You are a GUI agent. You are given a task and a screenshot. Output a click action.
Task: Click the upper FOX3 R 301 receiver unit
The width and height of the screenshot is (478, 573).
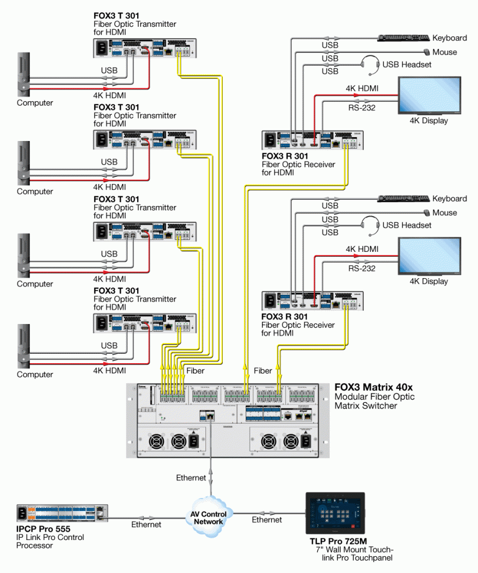tap(312, 141)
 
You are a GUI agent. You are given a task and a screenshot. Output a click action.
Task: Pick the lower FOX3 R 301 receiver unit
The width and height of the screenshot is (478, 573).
tap(312, 301)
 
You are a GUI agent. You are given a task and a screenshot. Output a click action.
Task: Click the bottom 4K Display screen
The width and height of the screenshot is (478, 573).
tap(429, 256)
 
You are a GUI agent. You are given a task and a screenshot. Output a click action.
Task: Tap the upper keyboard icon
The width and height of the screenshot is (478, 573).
tap(404, 38)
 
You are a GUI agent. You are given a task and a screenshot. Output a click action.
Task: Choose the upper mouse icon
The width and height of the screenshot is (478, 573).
tap(427, 52)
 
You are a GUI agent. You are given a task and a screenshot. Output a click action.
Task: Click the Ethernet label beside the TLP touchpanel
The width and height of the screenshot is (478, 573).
tap(267, 520)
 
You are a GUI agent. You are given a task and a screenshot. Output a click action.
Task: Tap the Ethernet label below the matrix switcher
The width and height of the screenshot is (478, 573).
tap(191, 478)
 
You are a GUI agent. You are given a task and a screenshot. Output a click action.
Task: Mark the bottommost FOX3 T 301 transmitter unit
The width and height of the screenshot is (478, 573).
tap(144, 323)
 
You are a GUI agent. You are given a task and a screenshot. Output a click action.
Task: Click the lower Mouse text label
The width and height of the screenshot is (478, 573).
tap(444, 213)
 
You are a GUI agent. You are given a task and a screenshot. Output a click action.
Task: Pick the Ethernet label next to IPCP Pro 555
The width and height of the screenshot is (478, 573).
tap(146, 524)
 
